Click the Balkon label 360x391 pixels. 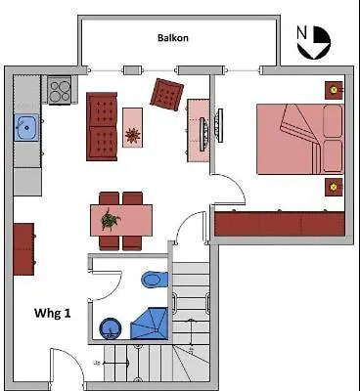point(172,38)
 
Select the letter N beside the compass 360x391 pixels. point(302,31)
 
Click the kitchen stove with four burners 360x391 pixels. point(61,91)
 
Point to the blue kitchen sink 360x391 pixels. point(26,127)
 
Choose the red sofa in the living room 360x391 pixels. point(102,126)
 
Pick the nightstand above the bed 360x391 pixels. point(335,90)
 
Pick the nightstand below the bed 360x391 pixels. point(335,186)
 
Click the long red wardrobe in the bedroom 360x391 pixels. point(280,223)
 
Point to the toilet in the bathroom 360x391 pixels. point(152,280)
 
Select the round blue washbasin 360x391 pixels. point(110,326)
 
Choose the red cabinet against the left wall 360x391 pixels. point(24,251)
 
